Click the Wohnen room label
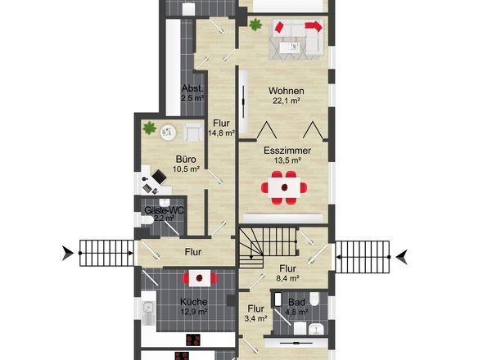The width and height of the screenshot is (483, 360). [x=287, y=91]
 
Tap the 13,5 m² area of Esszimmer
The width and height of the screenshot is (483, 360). [x=287, y=160]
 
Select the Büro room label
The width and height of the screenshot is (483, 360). [x=186, y=160]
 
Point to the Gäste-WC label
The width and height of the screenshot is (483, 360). [x=164, y=210]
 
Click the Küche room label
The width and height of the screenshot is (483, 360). [x=193, y=302]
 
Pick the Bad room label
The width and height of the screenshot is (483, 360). [x=296, y=302]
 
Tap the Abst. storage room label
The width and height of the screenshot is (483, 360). [x=192, y=88]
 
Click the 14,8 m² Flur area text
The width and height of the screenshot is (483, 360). [x=222, y=133]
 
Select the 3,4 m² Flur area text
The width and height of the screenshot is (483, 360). [x=255, y=318]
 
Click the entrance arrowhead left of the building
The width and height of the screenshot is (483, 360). [x=68, y=253]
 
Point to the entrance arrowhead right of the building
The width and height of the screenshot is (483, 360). [x=402, y=257]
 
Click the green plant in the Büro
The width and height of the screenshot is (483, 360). [x=149, y=128]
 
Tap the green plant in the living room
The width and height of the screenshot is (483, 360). [x=255, y=25]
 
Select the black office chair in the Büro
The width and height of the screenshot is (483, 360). [x=159, y=177]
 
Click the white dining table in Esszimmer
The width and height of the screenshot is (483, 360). [x=284, y=187]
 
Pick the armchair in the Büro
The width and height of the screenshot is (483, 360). [x=193, y=132]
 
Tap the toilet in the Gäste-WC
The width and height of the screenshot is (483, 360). [x=146, y=220]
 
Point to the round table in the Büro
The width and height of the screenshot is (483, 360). [x=168, y=132]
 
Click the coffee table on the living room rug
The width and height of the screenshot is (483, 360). [x=290, y=47]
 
